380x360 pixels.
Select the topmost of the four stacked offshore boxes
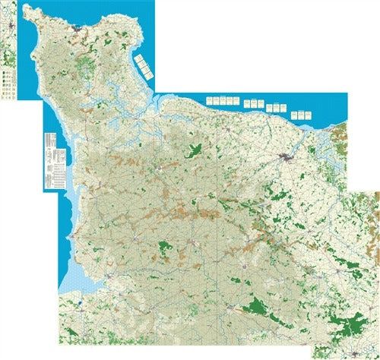click(138, 58)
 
